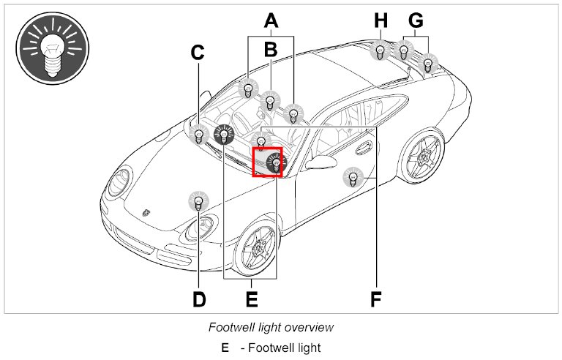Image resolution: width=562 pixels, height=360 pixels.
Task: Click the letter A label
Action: (x=271, y=21)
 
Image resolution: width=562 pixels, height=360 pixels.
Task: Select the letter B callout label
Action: (x=271, y=49)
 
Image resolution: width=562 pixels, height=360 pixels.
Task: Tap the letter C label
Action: (x=198, y=53)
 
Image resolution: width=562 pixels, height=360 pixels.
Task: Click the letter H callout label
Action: (x=381, y=20)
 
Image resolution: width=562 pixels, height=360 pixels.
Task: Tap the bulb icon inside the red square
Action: (x=274, y=164)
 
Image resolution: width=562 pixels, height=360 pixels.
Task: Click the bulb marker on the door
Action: (x=353, y=176)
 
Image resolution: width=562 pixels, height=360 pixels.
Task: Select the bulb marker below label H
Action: (x=381, y=51)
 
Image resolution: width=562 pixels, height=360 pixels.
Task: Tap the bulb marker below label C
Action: (x=198, y=134)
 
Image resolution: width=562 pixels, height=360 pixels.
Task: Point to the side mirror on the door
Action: (x=318, y=162)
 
